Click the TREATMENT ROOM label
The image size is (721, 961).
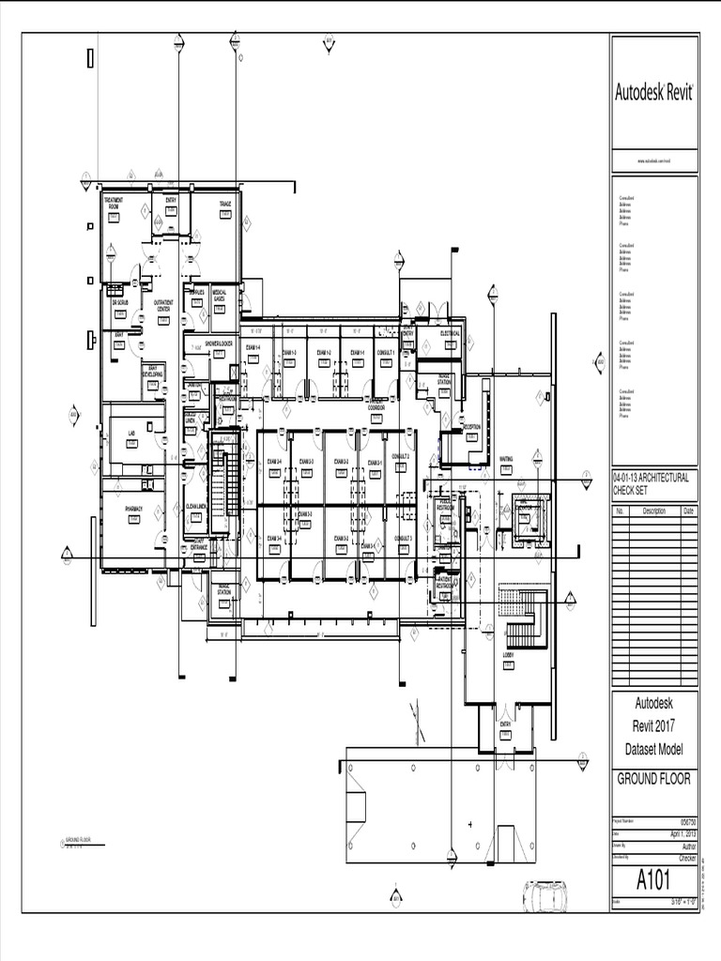pyautogui.click(x=113, y=203)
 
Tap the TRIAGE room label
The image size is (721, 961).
pyautogui.click(x=225, y=204)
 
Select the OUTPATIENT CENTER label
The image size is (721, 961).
pyautogui.click(x=162, y=305)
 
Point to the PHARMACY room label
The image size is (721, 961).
pyautogui.click(x=133, y=508)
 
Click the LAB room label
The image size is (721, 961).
pyautogui.click(x=131, y=433)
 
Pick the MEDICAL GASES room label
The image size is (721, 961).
pyautogui.click(x=219, y=295)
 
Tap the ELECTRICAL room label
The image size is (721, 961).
pyautogui.click(x=450, y=333)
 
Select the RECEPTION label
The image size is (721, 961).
pyautogui.click(x=471, y=427)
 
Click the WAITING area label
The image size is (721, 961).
pyautogui.click(x=506, y=459)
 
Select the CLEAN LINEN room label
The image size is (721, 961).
pyautogui.click(x=196, y=506)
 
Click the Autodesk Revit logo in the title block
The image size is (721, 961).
pyautogui.click(x=653, y=92)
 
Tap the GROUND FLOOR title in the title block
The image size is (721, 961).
pyautogui.click(x=653, y=779)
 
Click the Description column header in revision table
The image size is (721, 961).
pyautogui.click(x=653, y=511)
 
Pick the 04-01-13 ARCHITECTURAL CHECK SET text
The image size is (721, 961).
pyautogui.click(x=652, y=482)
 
